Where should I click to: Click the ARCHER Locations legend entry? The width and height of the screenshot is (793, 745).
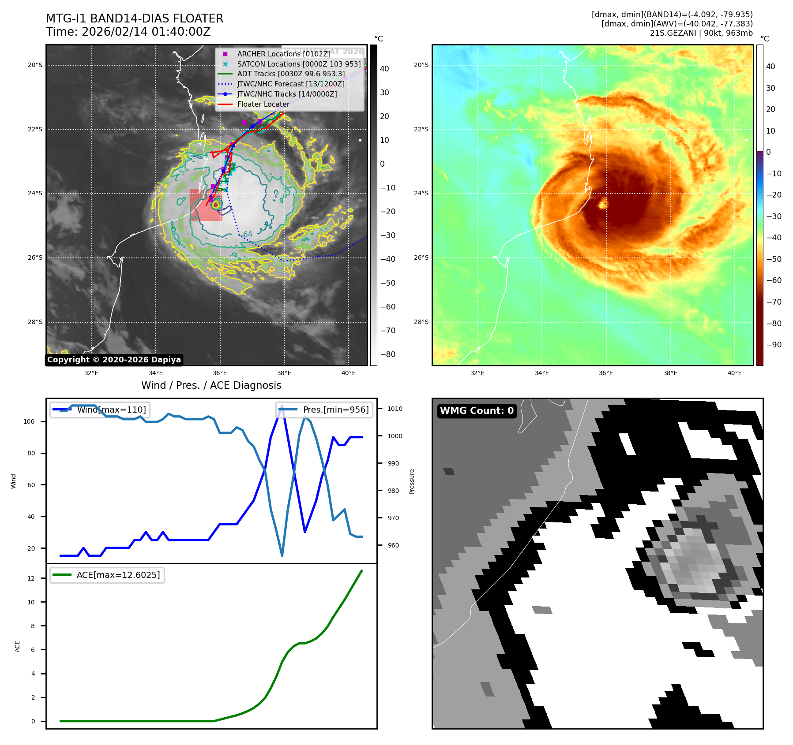pyautogui.click(x=283, y=54)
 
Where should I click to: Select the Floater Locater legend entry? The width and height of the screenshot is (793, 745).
pyautogui.click(x=263, y=104)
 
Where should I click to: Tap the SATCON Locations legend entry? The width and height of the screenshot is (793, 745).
pyautogui.click(x=299, y=64)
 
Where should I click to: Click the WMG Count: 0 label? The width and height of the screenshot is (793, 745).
pyautogui.click(x=477, y=411)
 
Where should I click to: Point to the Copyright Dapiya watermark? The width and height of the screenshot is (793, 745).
pyautogui.click(x=114, y=360)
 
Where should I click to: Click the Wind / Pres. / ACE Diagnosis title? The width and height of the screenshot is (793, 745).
pyautogui.click(x=211, y=385)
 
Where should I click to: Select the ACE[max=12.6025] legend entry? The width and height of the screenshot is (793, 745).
pyautogui.click(x=118, y=575)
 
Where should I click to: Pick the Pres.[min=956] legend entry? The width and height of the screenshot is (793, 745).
pyautogui.click(x=335, y=410)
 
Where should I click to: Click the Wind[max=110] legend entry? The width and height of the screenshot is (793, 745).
pyautogui.click(x=111, y=410)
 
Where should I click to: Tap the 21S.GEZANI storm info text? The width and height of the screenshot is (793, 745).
pyautogui.click(x=701, y=33)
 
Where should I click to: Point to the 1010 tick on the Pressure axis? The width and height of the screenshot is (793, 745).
pyautogui.click(x=395, y=409)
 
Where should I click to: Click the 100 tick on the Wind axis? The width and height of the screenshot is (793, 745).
pyautogui.click(x=29, y=421)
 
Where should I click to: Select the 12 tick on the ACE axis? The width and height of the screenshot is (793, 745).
pyautogui.click(x=31, y=578)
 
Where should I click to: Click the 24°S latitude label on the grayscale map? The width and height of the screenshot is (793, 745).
pyautogui.click(x=35, y=193)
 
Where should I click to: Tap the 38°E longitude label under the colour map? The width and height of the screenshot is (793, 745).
pyautogui.click(x=670, y=373)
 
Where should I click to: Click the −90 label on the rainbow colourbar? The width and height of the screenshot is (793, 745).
pyautogui.click(x=774, y=345)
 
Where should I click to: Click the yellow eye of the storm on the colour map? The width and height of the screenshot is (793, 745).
pyautogui.click(x=603, y=204)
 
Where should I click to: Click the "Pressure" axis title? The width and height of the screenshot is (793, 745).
pyautogui.click(x=412, y=481)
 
